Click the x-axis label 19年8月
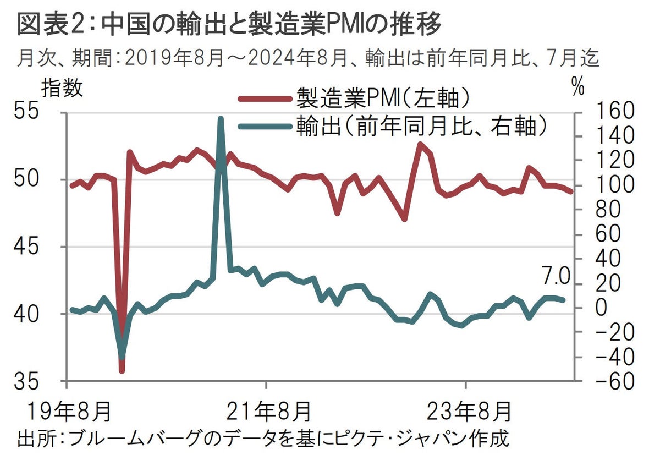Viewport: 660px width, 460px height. pyautogui.click(x=65, y=411)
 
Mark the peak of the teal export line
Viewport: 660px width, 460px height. pyautogui.click(x=221, y=118)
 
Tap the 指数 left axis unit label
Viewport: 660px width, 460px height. pyautogui.click(x=62, y=88)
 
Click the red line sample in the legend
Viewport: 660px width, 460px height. pyautogui.click(x=265, y=99)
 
